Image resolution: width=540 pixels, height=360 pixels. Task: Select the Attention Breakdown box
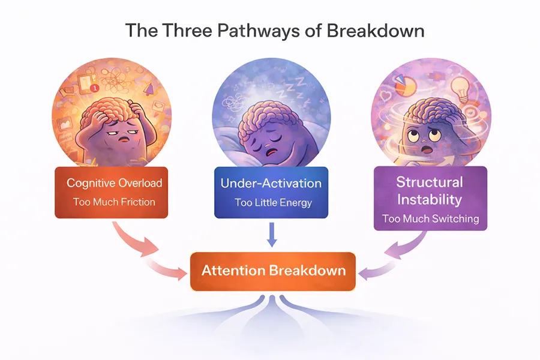click(273, 270)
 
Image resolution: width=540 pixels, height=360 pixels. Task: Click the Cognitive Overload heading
click(114, 182)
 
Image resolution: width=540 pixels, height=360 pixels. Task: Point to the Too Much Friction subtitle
click(114, 202)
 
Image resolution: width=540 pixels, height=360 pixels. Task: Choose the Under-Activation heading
click(271, 183)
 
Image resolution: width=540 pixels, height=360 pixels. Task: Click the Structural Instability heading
click(430, 190)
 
